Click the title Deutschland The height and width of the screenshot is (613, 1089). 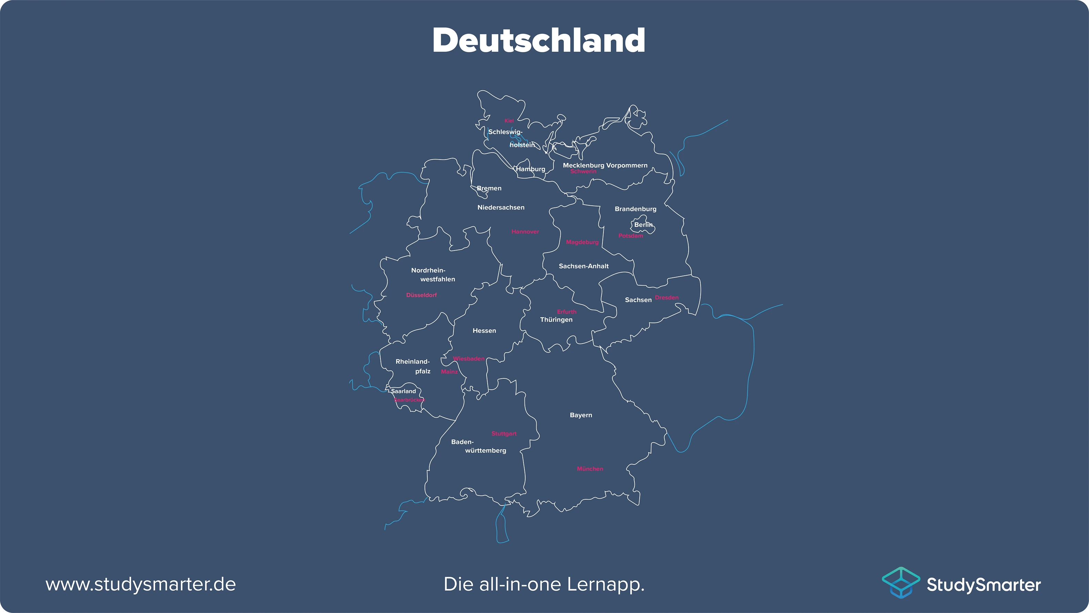(x=539, y=40)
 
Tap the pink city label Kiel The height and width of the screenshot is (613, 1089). (x=509, y=121)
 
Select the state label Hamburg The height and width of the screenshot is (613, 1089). (x=531, y=169)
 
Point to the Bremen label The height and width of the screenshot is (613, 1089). (x=489, y=188)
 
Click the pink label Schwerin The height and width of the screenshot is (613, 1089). (x=583, y=172)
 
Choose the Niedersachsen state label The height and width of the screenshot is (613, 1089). (x=501, y=207)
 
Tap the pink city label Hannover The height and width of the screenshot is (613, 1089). (x=525, y=232)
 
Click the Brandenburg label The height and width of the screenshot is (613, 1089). (x=635, y=209)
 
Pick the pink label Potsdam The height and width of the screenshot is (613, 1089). (x=630, y=236)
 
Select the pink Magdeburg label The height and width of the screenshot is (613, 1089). (x=582, y=242)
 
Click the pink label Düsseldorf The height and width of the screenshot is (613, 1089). (x=421, y=295)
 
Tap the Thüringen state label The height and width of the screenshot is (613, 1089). (x=556, y=320)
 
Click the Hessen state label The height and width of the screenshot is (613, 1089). (x=484, y=330)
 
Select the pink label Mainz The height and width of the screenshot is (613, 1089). (x=449, y=371)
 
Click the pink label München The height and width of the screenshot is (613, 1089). (x=590, y=469)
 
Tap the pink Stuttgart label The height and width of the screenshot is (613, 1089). (x=503, y=434)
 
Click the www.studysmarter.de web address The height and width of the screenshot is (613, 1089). (x=140, y=584)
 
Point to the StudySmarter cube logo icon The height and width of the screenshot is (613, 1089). (x=900, y=583)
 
